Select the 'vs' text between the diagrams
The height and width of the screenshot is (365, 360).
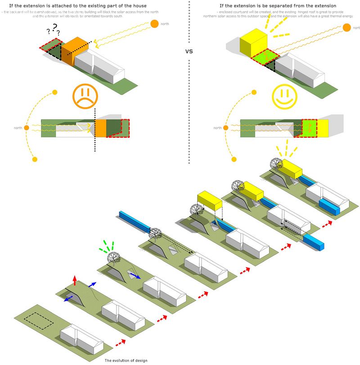pyautogui.click(x=189, y=51)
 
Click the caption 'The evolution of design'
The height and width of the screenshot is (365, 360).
pyautogui.click(x=126, y=360)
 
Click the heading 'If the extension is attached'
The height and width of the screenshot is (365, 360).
pyautogui.click(x=78, y=6)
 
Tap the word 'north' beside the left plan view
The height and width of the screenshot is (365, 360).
pyautogui.click(x=18, y=128)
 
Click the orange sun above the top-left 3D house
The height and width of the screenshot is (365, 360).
pyautogui.click(x=154, y=23)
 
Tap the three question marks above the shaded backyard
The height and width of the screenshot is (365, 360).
pyautogui.click(x=53, y=30)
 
